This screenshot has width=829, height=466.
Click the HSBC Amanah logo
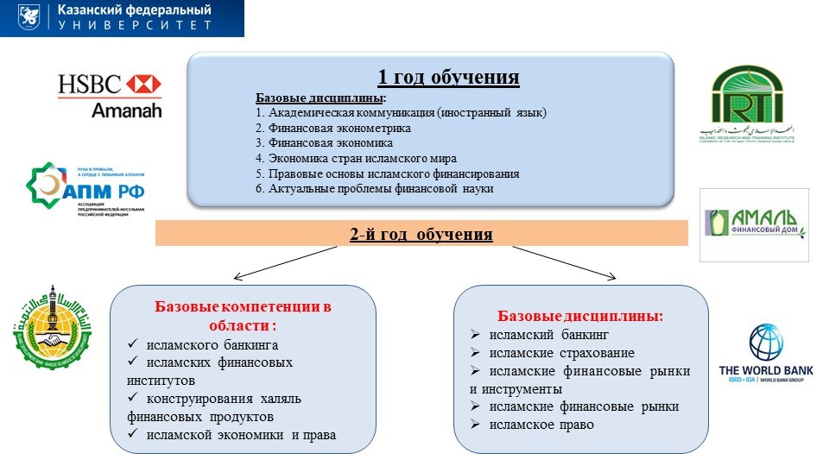[109, 95]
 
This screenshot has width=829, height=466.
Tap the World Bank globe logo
[766, 352]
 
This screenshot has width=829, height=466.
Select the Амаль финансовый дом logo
[754, 225]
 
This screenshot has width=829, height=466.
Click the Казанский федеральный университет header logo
[122, 18]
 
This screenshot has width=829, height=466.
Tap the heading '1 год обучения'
[448, 78]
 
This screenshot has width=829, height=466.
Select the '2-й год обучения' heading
[421, 234]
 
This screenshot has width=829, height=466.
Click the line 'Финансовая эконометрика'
[333, 128]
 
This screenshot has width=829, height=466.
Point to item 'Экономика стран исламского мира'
[356, 158]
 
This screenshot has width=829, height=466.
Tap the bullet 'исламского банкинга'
[212, 345]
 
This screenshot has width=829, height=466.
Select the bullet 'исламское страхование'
[561, 353]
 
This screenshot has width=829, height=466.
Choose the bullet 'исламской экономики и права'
[241, 434]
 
